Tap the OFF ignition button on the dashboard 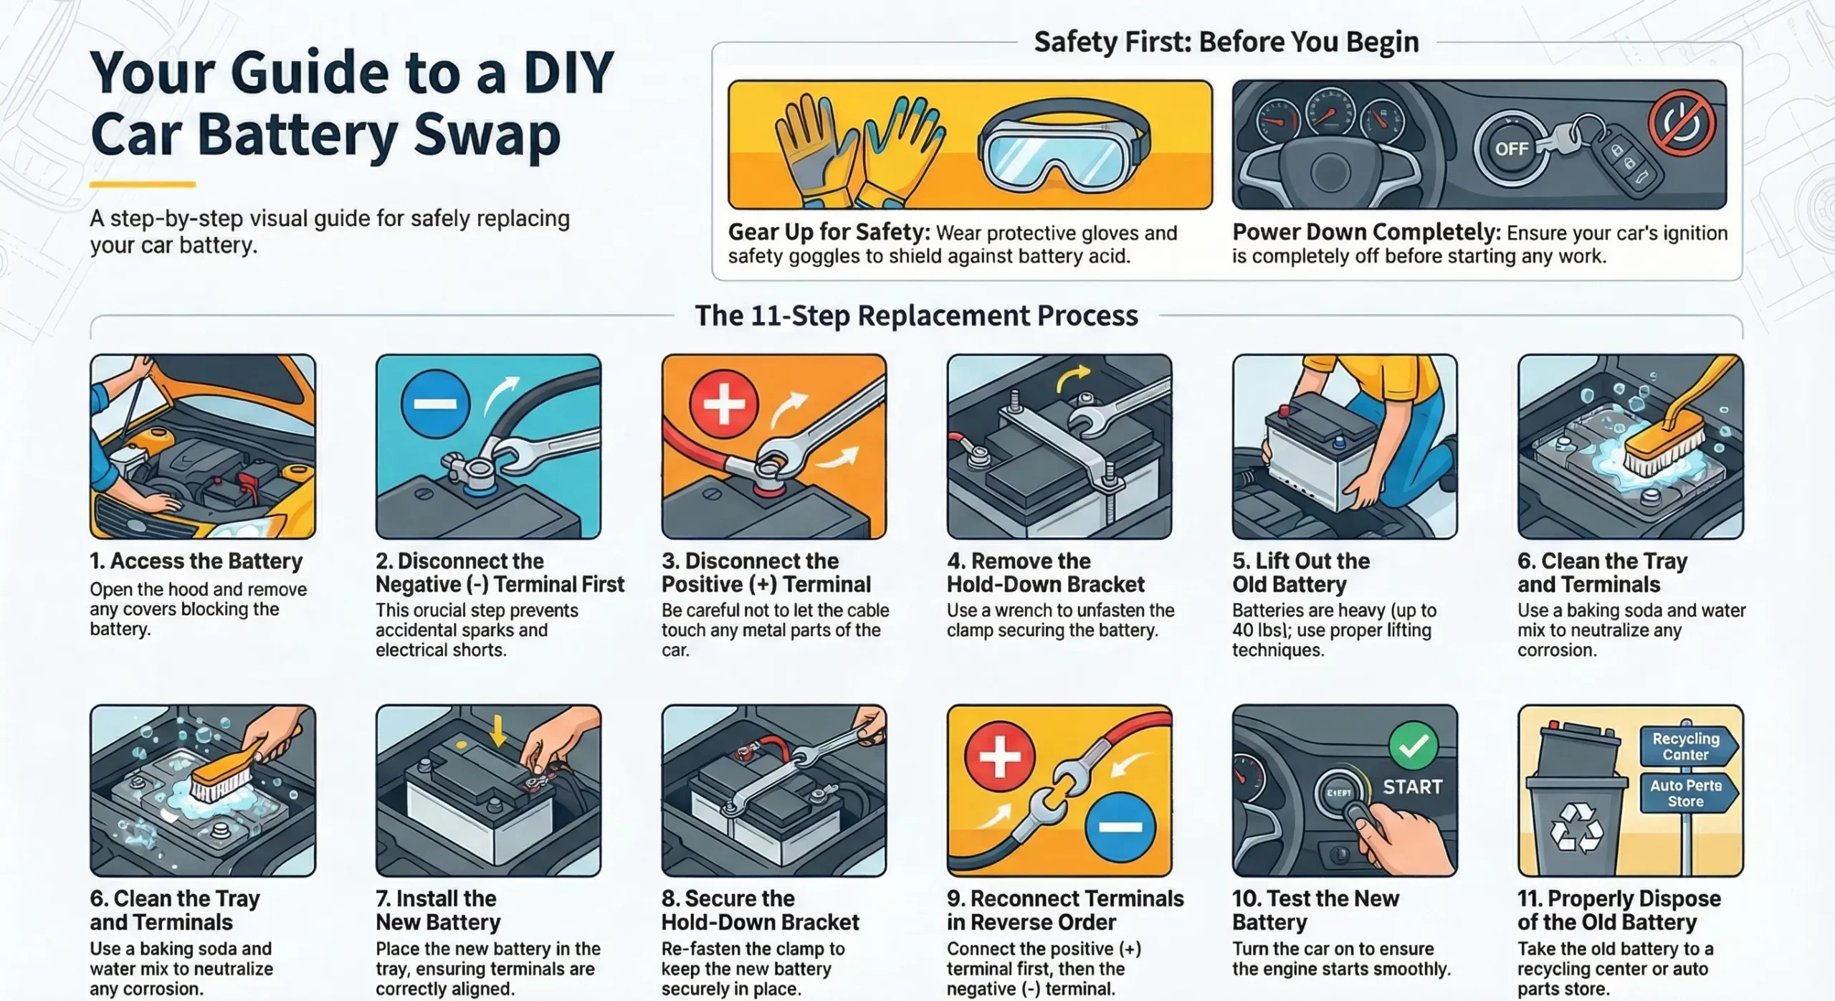point(1511,148)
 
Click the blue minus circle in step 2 point(435,404)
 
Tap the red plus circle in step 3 point(724,404)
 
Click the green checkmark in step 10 point(1413,746)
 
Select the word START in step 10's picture point(1412,787)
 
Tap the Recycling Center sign point(1686,746)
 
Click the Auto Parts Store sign point(1686,793)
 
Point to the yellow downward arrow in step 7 point(497,732)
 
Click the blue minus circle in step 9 point(1120,827)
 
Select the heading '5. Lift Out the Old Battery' point(1300,572)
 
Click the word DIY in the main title point(568,73)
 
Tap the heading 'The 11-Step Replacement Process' point(916,316)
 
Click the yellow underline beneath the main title point(143,184)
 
